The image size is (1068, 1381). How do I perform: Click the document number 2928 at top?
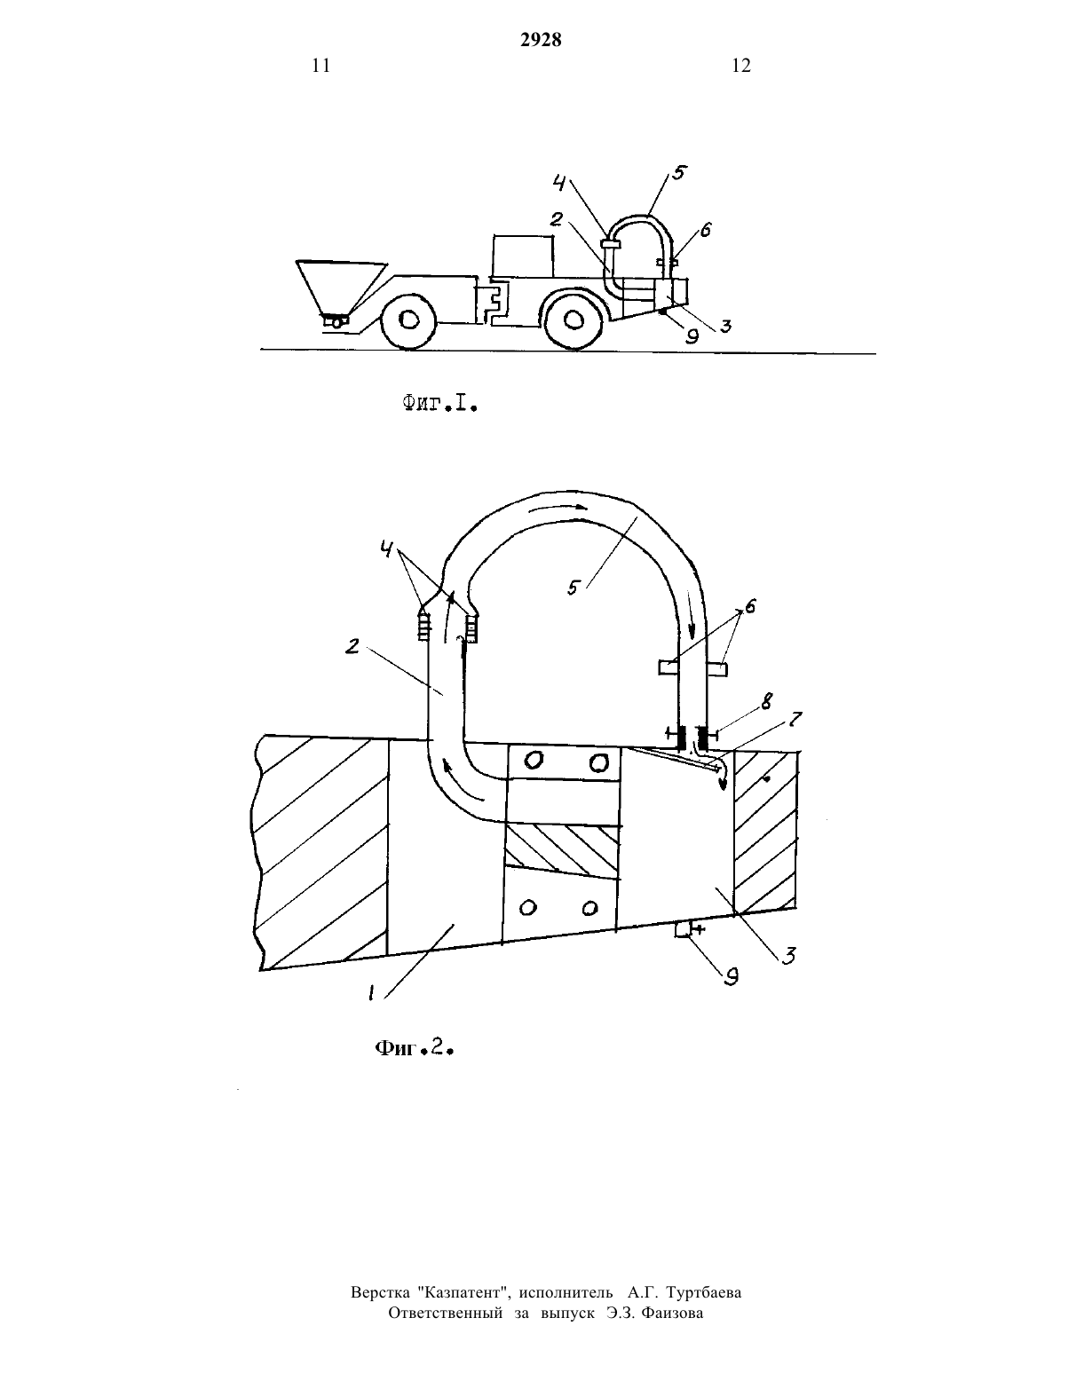pos(541,40)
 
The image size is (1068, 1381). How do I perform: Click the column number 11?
pos(321,66)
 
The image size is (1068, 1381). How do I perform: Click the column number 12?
pos(741,66)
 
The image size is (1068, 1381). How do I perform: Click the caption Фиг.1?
pos(439,403)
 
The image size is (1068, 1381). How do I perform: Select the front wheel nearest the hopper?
pos(407,321)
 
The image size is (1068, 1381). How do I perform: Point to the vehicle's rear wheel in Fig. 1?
pos(574,320)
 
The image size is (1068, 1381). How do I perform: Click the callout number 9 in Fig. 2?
pos(732,977)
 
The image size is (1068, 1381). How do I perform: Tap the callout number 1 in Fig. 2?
pos(370,992)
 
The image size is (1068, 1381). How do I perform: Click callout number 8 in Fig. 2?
pos(767,702)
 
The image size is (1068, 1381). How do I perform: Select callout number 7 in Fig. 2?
pos(795,720)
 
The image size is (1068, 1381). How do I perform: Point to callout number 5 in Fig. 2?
pos(574,588)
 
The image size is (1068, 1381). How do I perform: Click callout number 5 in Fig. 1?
pos(679,173)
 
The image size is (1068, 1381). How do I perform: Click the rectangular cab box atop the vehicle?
pos(523,256)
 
